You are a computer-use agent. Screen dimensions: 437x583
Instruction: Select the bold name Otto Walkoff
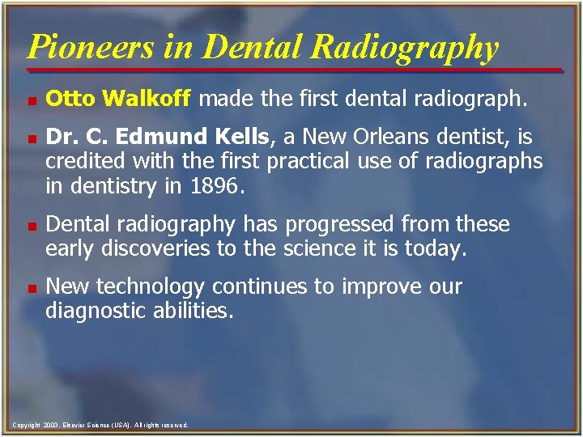tap(118, 99)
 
